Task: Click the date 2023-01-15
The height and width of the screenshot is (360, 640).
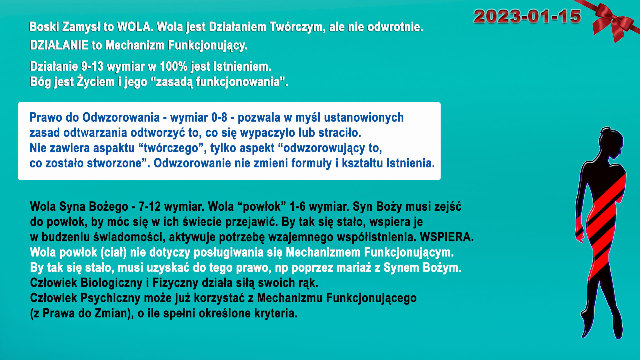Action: tap(527, 16)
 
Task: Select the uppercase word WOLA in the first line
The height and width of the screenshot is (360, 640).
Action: tap(135, 27)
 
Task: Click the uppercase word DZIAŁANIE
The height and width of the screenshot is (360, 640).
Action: tap(59, 45)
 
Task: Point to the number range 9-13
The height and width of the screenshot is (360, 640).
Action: tap(92, 66)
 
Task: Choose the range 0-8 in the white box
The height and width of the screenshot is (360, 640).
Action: tap(219, 117)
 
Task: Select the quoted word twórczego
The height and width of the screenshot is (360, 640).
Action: tap(171, 148)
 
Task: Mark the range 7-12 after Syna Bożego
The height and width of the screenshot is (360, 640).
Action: tap(150, 206)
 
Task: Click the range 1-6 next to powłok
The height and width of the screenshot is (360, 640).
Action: tap(297, 206)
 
